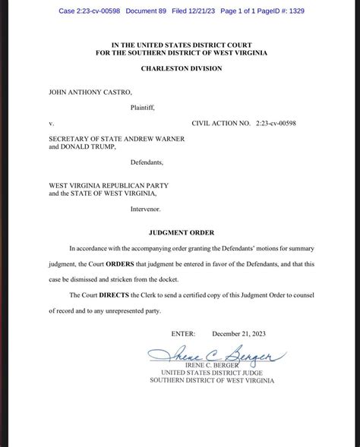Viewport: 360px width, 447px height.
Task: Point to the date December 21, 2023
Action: [x=238, y=333]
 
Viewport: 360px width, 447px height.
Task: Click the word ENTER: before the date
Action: [x=183, y=333]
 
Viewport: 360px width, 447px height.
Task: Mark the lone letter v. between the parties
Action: [x=51, y=121]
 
